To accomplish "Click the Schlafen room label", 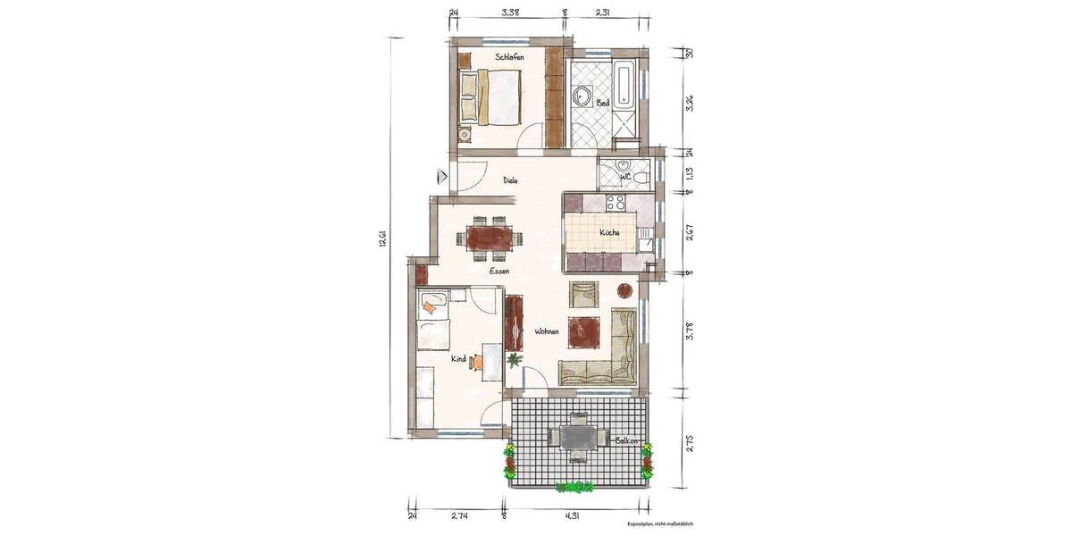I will (x=509, y=57).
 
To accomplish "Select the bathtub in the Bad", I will (x=624, y=86).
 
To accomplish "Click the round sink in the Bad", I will (x=585, y=96).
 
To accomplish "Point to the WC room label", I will (x=626, y=177).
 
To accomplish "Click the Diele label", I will (x=510, y=180).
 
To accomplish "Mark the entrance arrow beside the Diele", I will (x=441, y=176).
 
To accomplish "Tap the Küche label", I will (x=610, y=232).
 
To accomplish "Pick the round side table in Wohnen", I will (x=624, y=289).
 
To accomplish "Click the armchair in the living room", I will (x=583, y=293).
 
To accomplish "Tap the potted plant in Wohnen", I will (x=515, y=360).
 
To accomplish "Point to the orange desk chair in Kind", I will (x=478, y=362).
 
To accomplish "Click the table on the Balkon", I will (x=578, y=437).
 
